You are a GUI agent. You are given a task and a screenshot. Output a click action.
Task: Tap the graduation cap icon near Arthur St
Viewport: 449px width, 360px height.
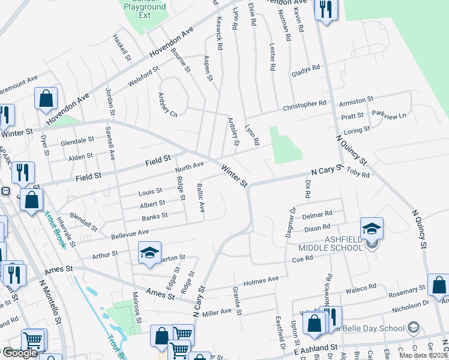[x=149, y=253]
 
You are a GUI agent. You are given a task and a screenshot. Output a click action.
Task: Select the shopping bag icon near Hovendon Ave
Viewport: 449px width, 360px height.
[x=46, y=98]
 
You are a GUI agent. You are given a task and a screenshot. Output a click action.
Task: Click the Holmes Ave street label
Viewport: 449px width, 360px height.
[x=261, y=280]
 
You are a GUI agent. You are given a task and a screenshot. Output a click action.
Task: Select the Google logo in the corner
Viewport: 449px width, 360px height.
[x=20, y=353]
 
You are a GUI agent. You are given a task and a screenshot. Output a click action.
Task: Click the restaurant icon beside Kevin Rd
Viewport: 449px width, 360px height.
[x=326, y=10]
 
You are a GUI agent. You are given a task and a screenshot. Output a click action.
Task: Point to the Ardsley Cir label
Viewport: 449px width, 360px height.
[x=168, y=105]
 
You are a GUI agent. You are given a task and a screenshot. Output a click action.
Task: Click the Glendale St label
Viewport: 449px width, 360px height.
[x=77, y=142]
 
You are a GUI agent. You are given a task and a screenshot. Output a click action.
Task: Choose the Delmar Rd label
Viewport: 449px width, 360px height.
[x=318, y=214]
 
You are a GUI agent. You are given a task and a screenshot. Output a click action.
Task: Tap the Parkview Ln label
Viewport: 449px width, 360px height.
[x=388, y=113]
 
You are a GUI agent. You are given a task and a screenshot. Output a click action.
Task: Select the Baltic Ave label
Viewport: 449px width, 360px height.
[x=200, y=199]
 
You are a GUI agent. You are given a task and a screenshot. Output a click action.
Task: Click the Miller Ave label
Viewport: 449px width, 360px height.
[x=217, y=311]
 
